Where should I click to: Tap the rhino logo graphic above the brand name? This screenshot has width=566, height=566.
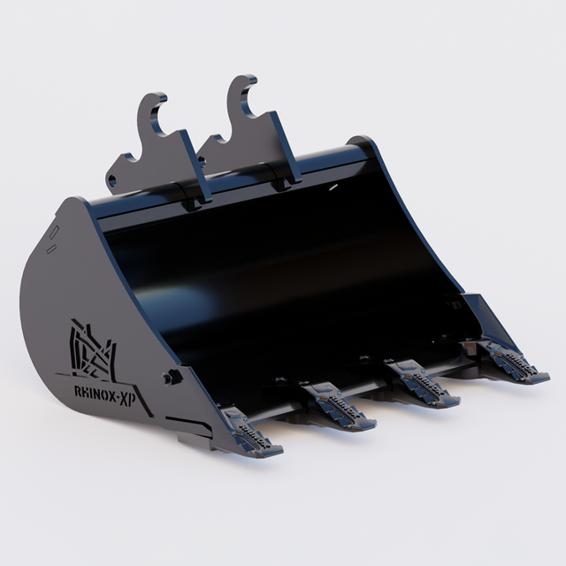click(93, 349)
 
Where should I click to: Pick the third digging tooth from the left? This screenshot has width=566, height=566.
click(423, 383)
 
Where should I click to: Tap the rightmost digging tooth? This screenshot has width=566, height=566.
click(513, 362)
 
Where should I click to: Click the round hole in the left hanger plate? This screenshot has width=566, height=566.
click(112, 180)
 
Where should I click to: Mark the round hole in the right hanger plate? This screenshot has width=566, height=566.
click(202, 160)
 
